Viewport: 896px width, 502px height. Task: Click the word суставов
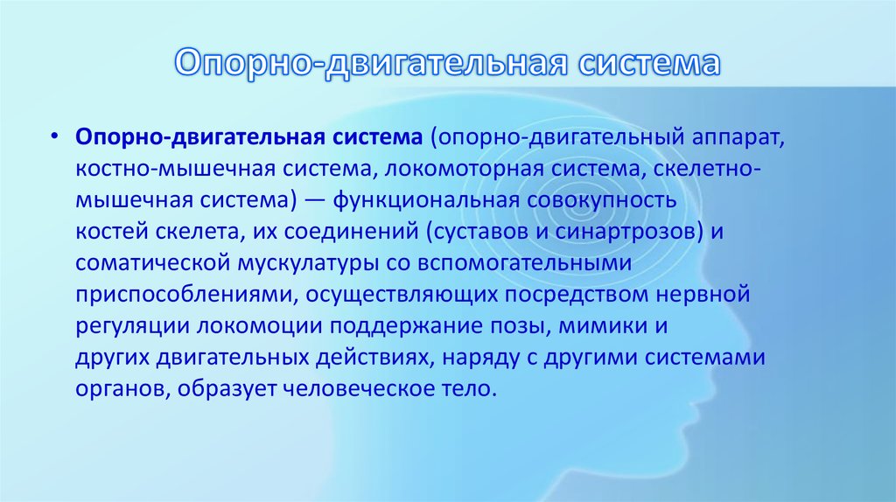[482, 232]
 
